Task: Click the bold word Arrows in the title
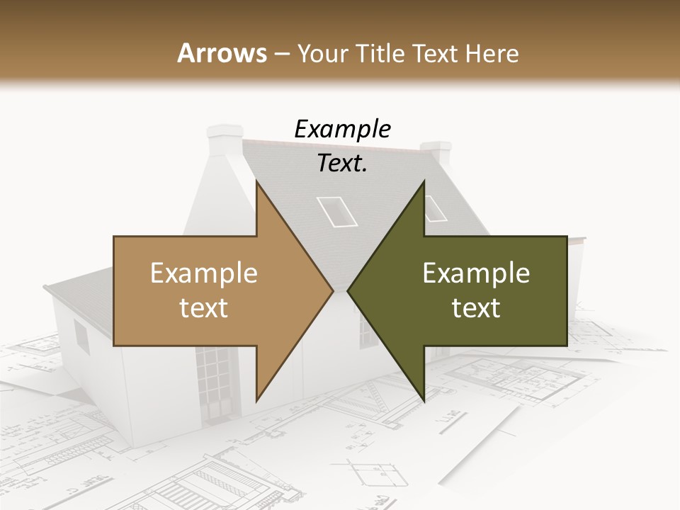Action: [222, 53]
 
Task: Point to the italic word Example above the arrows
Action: [342, 130]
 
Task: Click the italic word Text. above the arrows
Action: [342, 164]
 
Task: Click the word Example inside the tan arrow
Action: [204, 273]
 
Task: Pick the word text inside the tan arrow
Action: [204, 308]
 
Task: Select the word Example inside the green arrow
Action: [476, 273]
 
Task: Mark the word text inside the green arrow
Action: [476, 308]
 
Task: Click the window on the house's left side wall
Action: [82, 337]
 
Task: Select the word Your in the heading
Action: [323, 53]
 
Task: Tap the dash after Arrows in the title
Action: [281, 53]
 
